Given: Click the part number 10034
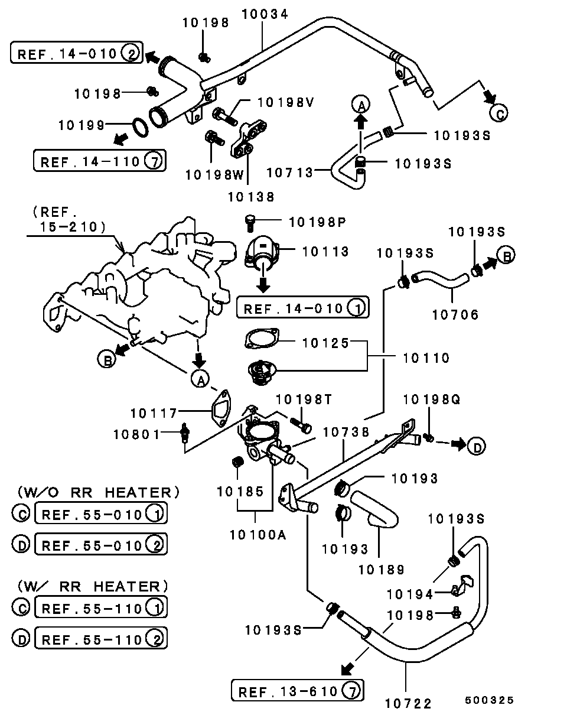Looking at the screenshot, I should tap(264, 14).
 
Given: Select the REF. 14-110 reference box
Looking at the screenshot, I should tap(99, 161).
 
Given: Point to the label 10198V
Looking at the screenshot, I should tap(285, 102).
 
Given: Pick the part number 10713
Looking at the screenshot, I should tap(289, 172).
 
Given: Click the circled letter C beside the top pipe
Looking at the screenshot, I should tap(498, 112).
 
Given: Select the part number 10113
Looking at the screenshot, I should tap(325, 251).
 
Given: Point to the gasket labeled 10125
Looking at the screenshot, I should tap(260, 340).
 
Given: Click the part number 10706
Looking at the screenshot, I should tap(455, 315).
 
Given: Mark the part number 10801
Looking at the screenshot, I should tap(137, 434).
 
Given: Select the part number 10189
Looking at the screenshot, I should tap(381, 570).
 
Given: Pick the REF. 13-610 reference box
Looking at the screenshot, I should tap(297, 690).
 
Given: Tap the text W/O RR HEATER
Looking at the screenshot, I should tap(98, 492).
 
